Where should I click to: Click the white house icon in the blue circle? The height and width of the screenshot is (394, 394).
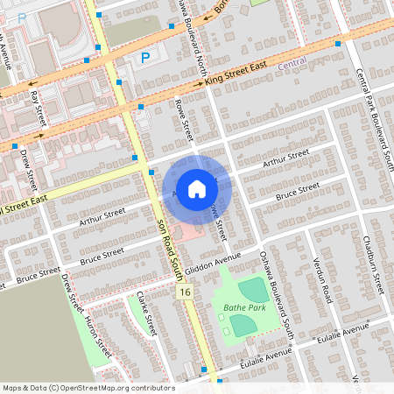pos(197,189)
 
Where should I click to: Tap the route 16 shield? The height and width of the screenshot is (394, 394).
pos(184,292)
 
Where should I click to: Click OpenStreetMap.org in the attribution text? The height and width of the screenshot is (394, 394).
pos(105,387)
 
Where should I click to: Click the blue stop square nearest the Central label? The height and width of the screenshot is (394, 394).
pos(338,42)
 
